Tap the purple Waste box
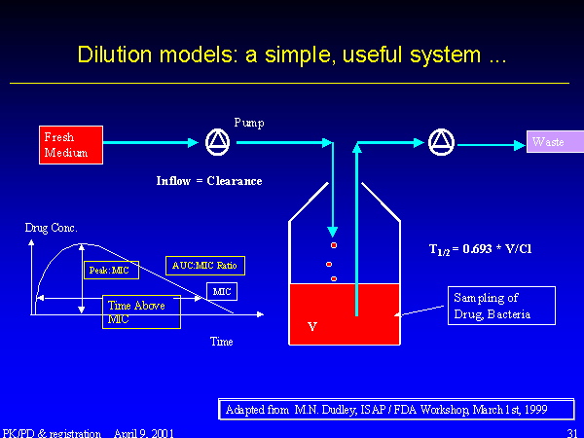[x=555, y=143]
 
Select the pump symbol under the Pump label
[x=217, y=143]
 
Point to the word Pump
[x=248, y=123]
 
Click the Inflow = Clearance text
[x=209, y=181]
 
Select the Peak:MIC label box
[x=112, y=270]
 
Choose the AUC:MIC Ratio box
[x=204, y=265]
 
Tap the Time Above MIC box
[x=141, y=311]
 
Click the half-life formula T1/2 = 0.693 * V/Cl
[x=480, y=249]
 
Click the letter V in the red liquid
[x=311, y=327]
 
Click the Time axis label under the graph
[x=222, y=342]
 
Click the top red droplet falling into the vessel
[x=333, y=245]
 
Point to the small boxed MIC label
[x=222, y=291]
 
